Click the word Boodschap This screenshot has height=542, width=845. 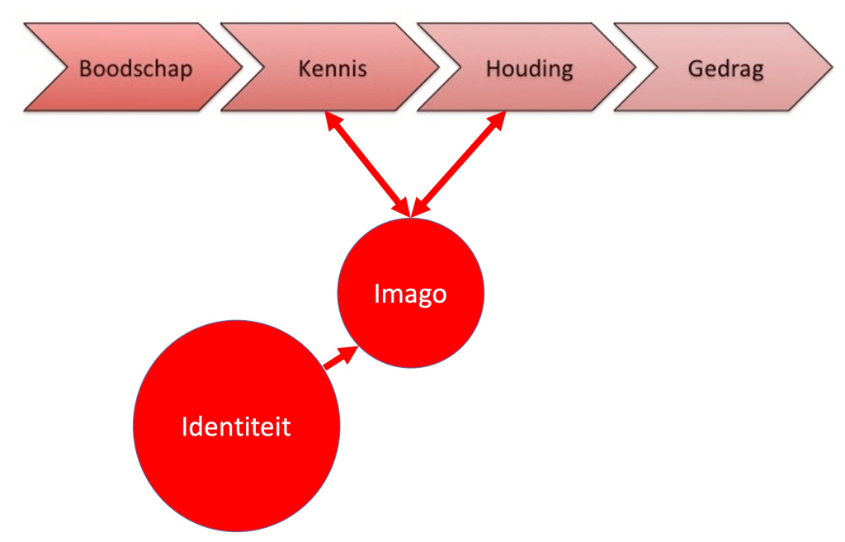(x=135, y=68)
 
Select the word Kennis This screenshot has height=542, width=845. (x=333, y=68)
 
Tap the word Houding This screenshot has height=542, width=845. (x=529, y=68)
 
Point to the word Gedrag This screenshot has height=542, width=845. (x=725, y=68)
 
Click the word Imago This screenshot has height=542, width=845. (x=410, y=294)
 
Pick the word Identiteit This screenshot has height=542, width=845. (x=236, y=427)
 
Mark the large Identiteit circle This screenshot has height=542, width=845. (x=236, y=478)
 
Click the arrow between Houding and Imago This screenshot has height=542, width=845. (x=458, y=165)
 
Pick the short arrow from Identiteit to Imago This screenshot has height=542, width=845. (x=339, y=358)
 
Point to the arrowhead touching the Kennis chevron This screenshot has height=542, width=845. (x=332, y=120)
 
